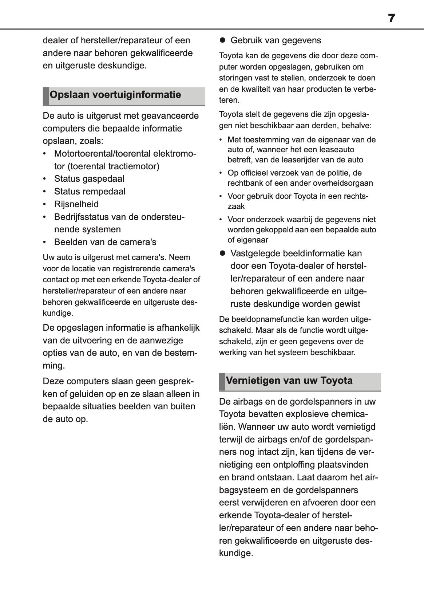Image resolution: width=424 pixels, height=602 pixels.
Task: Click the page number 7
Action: (x=391, y=18)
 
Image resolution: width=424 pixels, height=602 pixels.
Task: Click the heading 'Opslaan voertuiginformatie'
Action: (x=115, y=95)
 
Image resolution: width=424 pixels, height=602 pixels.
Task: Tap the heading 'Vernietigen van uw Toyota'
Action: (x=289, y=381)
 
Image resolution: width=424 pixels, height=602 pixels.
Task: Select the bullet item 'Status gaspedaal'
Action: (x=89, y=179)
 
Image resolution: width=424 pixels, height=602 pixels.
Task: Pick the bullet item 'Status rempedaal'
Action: (x=90, y=192)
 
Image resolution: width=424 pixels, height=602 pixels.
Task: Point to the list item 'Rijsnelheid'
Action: (x=76, y=204)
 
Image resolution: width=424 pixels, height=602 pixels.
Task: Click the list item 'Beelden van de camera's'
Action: (x=105, y=242)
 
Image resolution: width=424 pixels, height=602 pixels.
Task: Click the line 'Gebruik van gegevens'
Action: (x=276, y=40)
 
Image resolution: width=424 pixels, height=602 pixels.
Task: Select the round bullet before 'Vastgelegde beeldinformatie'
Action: (x=222, y=253)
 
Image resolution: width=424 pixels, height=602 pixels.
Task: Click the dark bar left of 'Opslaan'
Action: (x=45, y=96)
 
